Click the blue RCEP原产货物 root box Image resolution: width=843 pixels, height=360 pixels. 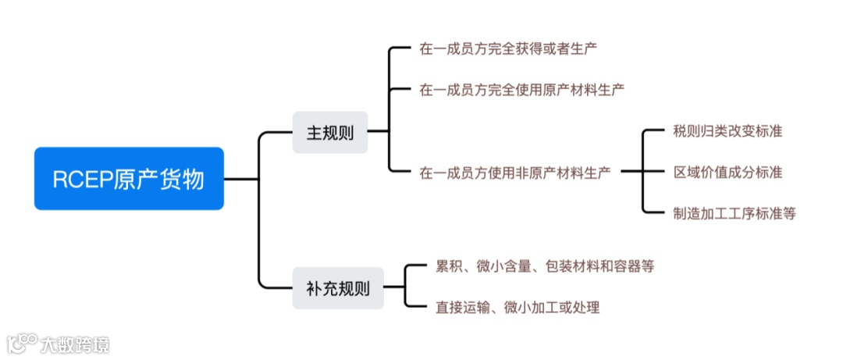point(129,179)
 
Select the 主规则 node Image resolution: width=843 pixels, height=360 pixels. point(329,133)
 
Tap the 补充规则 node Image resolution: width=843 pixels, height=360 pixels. point(338,288)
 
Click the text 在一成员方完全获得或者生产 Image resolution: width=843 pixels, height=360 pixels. point(508,48)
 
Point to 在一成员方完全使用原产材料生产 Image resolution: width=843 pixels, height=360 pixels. point(521,90)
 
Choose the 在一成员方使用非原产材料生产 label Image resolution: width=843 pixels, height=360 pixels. point(515,172)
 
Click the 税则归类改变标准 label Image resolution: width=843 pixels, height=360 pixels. point(727,131)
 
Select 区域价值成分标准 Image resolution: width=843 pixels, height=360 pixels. point(727,172)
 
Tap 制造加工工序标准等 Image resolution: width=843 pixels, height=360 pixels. point(734,212)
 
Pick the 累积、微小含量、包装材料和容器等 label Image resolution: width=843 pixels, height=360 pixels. point(544,266)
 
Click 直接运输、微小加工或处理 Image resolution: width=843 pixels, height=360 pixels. point(518,307)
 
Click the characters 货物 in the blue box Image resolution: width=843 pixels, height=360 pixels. point(185,180)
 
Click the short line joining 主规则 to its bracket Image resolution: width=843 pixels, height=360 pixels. point(378,131)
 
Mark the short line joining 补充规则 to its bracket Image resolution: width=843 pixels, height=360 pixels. point(394,287)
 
